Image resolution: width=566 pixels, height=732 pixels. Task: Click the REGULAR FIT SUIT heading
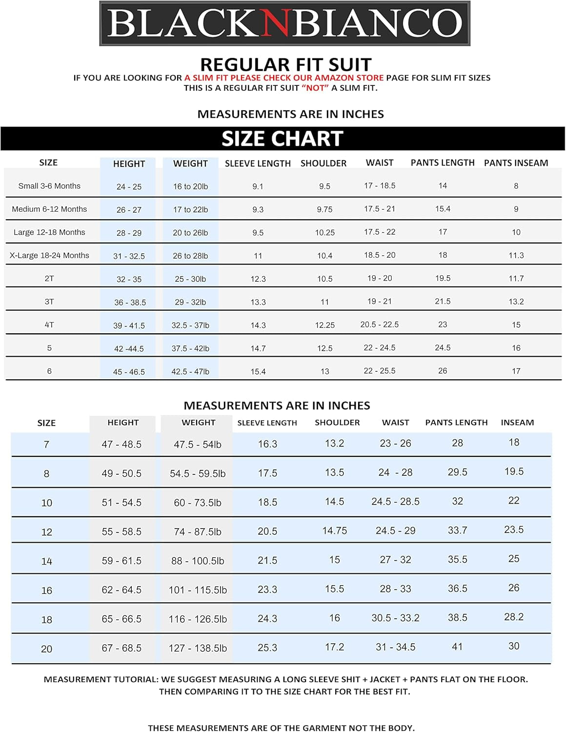(x=285, y=65)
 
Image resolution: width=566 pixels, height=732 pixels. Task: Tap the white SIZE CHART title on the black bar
(x=283, y=139)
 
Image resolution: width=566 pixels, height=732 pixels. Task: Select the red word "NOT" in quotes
(x=315, y=88)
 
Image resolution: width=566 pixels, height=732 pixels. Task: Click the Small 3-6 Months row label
(x=49, y=186)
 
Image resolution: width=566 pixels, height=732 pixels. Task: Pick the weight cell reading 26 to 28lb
(x=190, y=256)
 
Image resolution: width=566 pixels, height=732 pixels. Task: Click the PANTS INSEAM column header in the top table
(x=516, y=163)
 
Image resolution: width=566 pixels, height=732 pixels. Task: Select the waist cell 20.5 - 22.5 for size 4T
(x=380, y=325)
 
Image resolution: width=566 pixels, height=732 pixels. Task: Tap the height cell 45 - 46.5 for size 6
(x=129, y=372)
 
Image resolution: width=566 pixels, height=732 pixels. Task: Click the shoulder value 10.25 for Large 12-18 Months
(x=325, y=233)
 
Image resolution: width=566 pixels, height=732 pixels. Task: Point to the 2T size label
(x=49, y=279)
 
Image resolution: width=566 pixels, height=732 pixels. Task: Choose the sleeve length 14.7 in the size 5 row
(x=258, y=348)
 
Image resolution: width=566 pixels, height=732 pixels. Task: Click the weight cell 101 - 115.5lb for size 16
(x=198, y=590)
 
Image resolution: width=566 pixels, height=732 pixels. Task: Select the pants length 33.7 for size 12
(x=457, y=530)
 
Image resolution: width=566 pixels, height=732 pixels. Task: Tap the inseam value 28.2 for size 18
(x=514, y=617)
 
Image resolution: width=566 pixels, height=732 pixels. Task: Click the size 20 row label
(x=46, y=649)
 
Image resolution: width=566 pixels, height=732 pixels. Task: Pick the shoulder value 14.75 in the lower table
(x=335, y=530)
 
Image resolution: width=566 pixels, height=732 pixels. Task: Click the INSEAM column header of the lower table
(x=517, y=423)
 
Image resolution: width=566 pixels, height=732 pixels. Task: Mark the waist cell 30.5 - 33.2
(x=395, y=618)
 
